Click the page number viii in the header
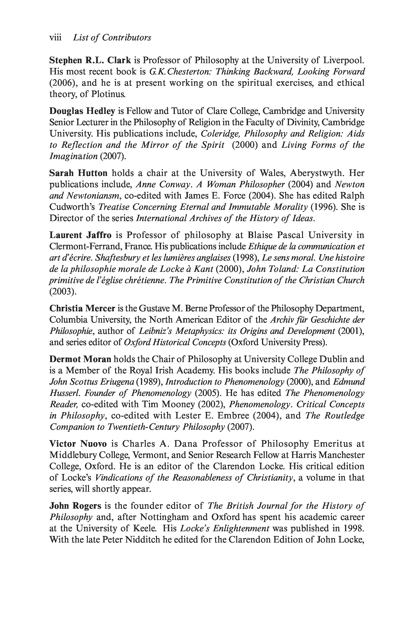(x=55, y=37)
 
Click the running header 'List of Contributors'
(x=112, y=37)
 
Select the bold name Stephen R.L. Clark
(x=90, y=60)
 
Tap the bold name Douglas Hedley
(x=82, y=111)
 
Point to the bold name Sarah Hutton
(x=78, y=173)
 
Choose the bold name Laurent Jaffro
(x=80, y=235)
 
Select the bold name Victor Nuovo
(x=78, y=444)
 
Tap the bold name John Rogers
(x=75, y=506)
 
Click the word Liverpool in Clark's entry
(x=343, y=60)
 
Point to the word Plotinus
(x=108, y=94)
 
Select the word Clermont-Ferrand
(x=86, y=246)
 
